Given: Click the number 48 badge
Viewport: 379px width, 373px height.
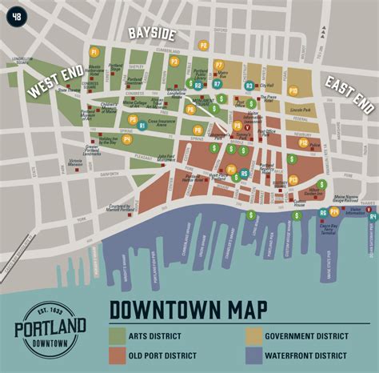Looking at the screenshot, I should (16, 15).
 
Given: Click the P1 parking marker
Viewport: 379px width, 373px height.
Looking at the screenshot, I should (94, 52).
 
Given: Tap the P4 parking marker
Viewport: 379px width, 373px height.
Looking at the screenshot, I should (126, 138).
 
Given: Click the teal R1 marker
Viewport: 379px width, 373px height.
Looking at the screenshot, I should (142, 125).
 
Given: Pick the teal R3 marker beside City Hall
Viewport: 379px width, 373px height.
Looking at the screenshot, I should (249, 85).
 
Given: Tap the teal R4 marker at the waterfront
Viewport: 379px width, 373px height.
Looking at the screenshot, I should (372, 215).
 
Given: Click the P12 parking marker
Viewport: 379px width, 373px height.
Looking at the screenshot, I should (293, 180).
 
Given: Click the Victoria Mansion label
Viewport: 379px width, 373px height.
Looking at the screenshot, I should (76, 162).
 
